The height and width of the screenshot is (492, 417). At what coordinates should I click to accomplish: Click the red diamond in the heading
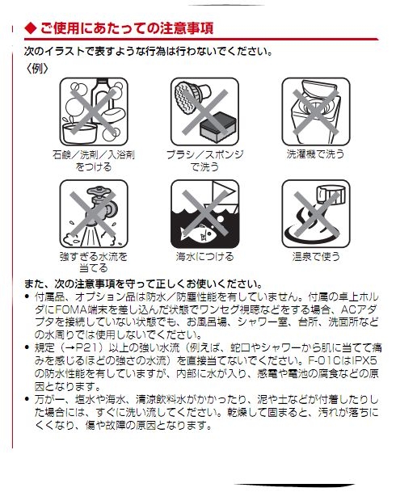point(31,28)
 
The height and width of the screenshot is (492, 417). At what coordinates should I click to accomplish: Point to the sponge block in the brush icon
point(217,125)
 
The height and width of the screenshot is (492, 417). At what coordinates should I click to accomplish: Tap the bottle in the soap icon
point(101,97)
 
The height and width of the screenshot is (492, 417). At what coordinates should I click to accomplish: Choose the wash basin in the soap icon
point(79,133)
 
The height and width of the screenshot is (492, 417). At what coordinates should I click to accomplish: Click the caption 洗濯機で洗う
point(315,154)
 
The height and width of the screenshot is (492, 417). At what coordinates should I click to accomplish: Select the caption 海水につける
point(204,256)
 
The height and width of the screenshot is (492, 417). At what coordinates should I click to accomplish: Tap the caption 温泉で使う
point(316,256)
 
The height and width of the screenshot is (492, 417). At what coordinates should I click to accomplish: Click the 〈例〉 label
point(38,68)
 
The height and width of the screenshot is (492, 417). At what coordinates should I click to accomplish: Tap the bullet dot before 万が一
point(27,399)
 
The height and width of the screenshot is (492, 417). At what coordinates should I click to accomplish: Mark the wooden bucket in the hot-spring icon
point(331,194)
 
